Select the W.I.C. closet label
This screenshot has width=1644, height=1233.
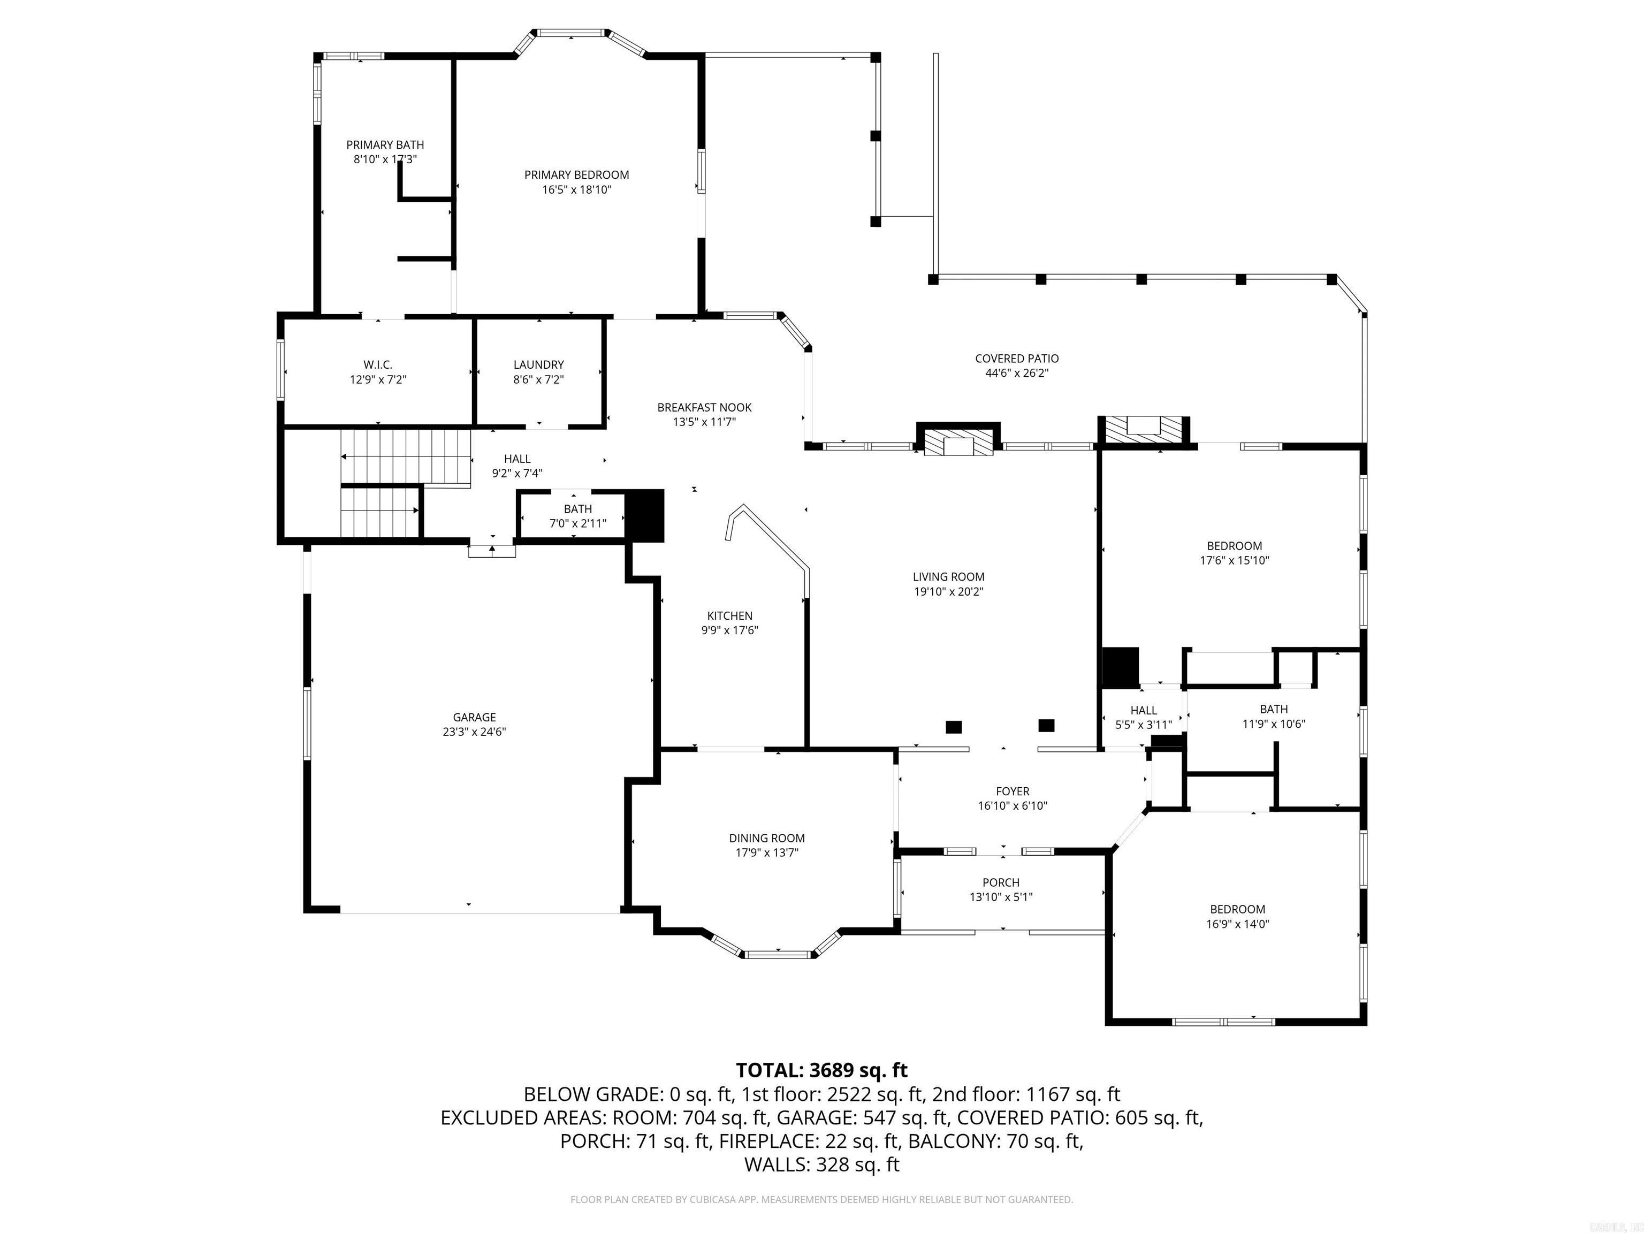(378, 364)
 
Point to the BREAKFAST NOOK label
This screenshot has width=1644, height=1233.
(704, 407)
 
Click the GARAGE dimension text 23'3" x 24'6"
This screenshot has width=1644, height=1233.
(474, 732)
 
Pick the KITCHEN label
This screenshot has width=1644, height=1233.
(729, 615)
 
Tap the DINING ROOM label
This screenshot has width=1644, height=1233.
(766, 838)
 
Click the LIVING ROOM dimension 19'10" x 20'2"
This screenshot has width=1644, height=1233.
(948, 591)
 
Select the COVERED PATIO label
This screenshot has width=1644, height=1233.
(1017, 358)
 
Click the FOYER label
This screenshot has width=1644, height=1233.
(1013, 791)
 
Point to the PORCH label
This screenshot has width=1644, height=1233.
(1000, 882)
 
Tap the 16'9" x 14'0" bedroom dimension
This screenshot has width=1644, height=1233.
(1237, 924)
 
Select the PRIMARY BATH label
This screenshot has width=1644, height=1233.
(385, 145)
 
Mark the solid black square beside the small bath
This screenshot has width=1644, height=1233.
(644, 515)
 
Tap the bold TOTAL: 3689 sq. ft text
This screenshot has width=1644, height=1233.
(821, 1070)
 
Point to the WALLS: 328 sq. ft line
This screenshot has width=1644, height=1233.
(821, 1164)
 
